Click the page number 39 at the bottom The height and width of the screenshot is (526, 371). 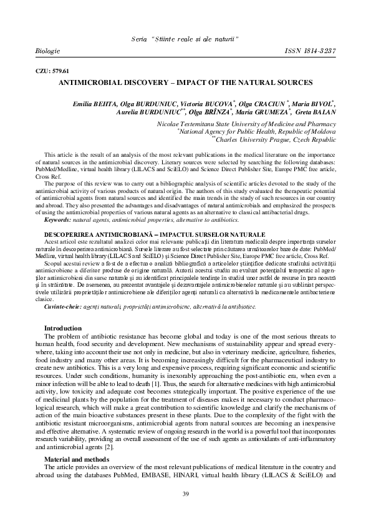[185, 495]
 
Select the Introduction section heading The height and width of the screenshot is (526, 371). [62, 328]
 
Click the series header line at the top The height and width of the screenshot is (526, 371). [185, 39]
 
